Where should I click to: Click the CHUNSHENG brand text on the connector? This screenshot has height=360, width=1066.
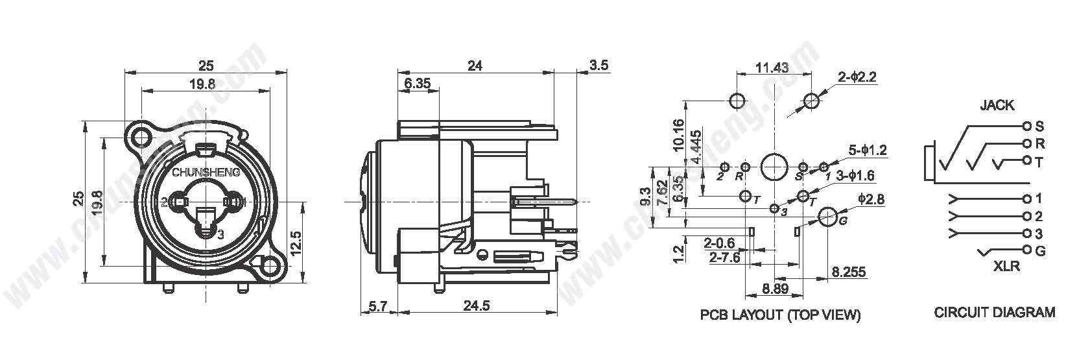206,173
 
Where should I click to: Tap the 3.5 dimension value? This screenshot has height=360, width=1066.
598,65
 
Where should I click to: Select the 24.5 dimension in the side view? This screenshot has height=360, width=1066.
477,306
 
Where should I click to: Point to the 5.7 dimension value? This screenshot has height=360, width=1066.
378,306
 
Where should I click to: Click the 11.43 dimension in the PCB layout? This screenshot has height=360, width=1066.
772,67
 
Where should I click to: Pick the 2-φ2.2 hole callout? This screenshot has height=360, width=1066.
857,77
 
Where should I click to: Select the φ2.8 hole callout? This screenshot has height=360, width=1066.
871,198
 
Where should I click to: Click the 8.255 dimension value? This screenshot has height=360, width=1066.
849,272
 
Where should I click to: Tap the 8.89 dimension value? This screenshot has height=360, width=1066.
776,289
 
